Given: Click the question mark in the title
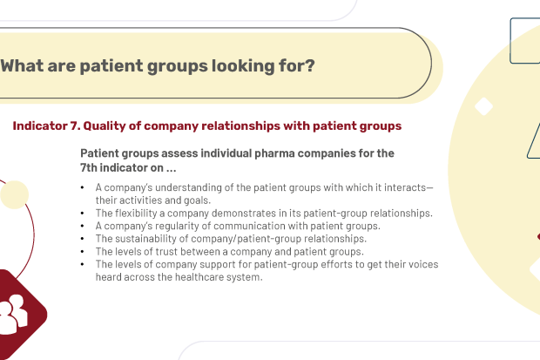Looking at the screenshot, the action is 310,65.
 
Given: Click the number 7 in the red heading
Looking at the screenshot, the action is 74,126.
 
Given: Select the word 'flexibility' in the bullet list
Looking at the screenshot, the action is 136,214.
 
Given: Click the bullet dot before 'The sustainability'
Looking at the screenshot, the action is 83,239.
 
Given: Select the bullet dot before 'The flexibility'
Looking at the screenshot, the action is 83,213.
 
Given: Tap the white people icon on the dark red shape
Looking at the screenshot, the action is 13,314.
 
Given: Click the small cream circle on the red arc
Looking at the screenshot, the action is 15,194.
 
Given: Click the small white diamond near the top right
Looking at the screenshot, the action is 483,106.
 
